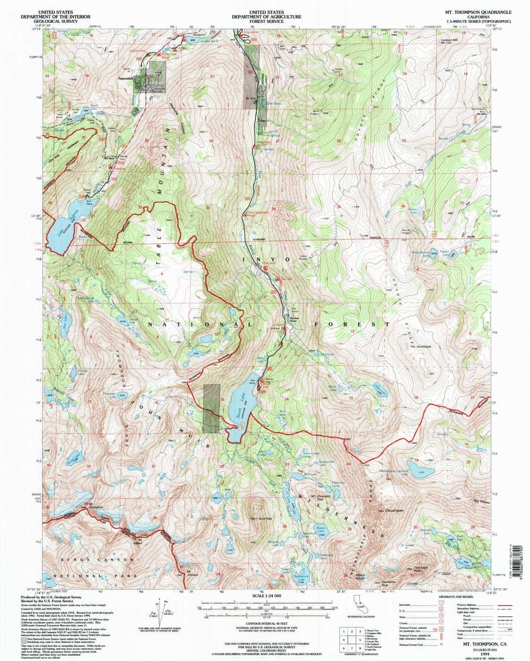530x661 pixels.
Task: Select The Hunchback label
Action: tap(420, 347)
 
